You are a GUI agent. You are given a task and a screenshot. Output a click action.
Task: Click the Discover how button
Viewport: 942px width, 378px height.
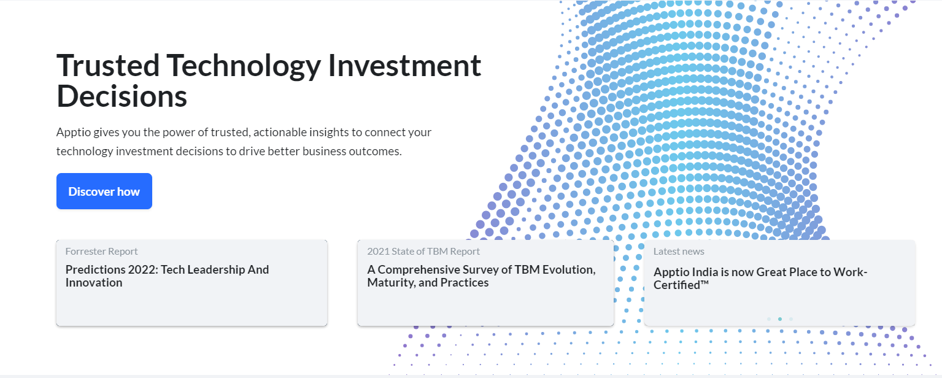(104, 191)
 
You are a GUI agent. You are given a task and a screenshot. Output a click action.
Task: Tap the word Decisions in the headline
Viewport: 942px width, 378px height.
(122, 96)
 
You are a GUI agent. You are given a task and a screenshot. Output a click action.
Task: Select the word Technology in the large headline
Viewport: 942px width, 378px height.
(244, 66)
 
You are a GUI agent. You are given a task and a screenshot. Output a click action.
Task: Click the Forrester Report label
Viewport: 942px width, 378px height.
(101, 252)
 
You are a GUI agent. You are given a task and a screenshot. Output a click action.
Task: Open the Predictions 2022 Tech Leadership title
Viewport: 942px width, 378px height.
(167, 276)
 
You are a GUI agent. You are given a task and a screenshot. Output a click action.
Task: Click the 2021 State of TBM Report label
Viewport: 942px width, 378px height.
(423, 252)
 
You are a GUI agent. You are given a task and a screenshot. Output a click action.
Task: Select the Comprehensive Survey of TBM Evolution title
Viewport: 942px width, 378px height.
(482, 276)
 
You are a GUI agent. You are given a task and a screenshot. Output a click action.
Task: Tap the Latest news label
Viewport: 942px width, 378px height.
(679, 252)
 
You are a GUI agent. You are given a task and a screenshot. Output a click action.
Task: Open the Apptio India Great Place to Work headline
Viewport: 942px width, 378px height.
(760, 279)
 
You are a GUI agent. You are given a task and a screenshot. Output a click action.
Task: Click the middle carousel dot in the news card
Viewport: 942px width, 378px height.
(779, 319)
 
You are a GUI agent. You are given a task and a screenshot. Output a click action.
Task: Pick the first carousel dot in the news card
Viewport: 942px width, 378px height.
(769, 319)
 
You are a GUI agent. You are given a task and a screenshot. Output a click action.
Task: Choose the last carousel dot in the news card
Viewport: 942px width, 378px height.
(791, 319)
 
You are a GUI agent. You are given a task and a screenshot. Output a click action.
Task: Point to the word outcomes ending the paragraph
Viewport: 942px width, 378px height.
(375, 151)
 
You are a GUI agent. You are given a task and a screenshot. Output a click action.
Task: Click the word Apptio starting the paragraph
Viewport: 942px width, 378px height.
(74, 133)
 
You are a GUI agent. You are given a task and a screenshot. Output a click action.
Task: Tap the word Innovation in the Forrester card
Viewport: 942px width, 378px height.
(94, 282)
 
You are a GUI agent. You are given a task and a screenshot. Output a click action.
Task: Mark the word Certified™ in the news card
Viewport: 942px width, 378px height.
(681, 285)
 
